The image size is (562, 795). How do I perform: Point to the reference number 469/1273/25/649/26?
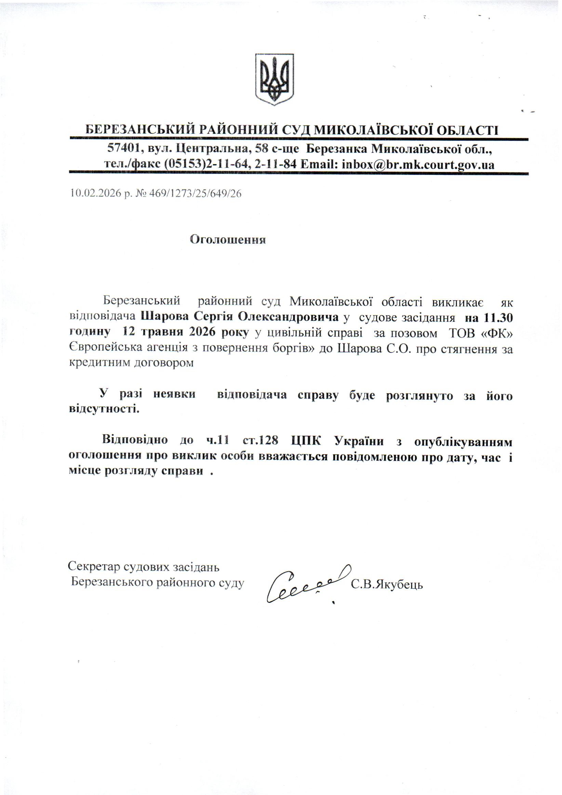(x=195, y=193)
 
